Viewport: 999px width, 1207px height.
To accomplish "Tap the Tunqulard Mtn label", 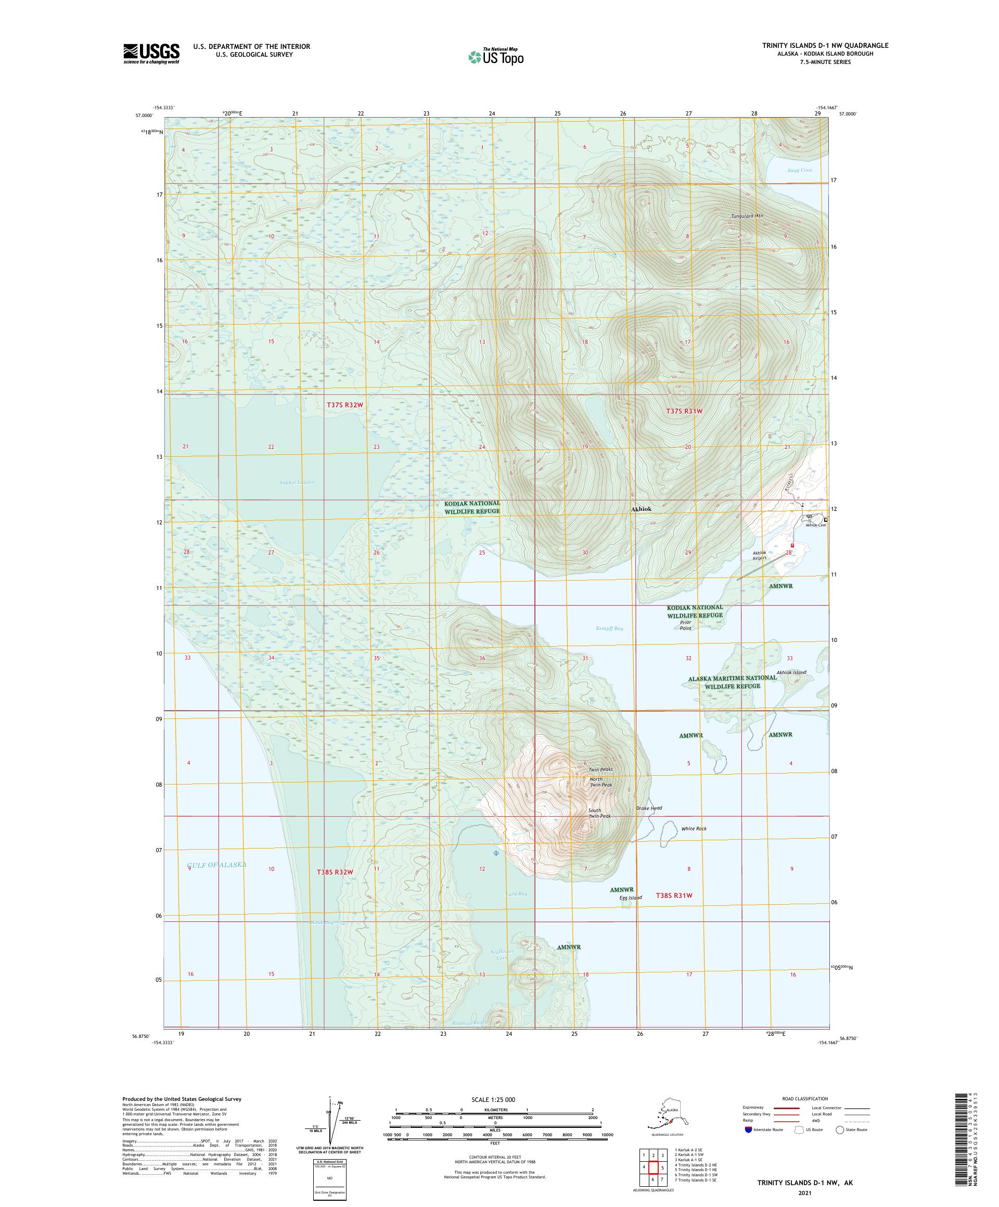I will [x=747, y=216].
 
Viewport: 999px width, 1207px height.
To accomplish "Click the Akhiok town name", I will [x=641, y=509].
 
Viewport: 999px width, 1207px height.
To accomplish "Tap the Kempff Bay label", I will [x=609, y=628].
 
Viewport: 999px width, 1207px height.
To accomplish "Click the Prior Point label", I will [x=685, y=625].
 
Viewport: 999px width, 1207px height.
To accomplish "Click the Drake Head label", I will [x=649, y=808].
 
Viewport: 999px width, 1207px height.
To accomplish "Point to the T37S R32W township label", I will [x=345, y=405].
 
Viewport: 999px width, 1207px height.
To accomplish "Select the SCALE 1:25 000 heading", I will [x=495, y=1098].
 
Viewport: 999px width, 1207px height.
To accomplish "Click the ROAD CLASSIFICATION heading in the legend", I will [x=805, y=1098].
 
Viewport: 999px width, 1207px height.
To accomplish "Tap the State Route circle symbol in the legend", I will [x=840, y=1129].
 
